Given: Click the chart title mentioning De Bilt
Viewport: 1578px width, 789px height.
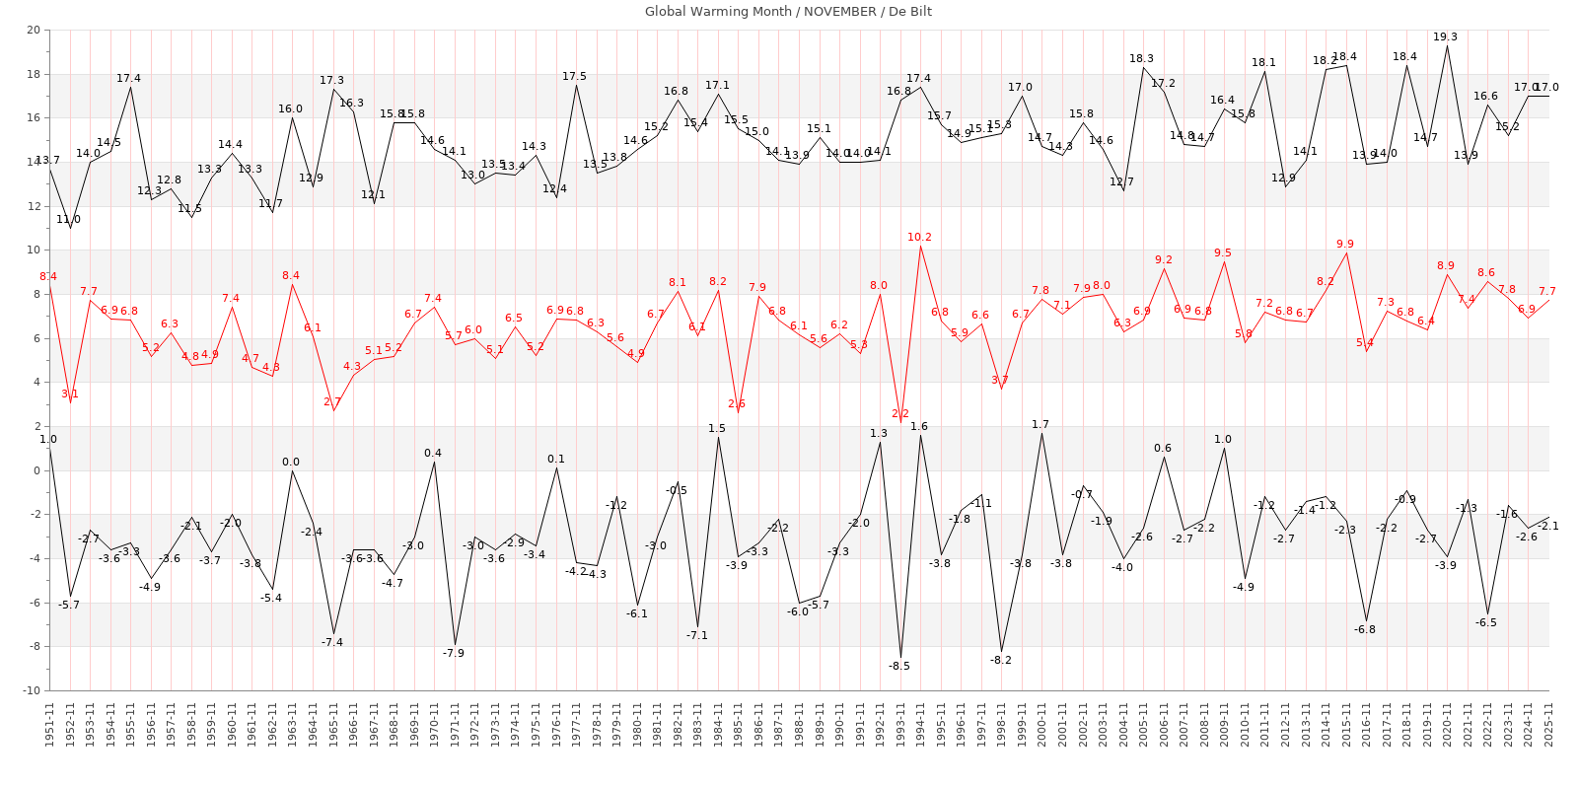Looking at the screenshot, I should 788,12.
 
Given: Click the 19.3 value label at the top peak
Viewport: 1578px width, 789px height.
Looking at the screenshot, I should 1446,37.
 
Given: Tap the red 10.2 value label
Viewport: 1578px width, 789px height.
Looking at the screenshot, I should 919,238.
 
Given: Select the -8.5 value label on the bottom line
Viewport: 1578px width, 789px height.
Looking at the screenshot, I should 898,667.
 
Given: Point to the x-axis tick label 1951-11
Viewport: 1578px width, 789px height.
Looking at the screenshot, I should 49,724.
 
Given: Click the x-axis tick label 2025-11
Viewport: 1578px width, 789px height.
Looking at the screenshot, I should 1548,724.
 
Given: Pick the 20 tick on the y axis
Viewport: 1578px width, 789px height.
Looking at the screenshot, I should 34,31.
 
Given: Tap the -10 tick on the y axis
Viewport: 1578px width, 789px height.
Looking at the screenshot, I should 31,690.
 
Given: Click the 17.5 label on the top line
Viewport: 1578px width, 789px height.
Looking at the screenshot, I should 574,77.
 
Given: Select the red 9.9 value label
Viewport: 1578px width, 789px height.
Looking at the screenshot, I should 1345,245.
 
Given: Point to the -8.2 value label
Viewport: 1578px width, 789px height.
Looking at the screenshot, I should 1000,661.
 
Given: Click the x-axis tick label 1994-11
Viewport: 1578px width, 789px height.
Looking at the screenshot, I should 921,724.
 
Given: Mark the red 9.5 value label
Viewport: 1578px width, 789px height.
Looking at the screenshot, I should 1223,253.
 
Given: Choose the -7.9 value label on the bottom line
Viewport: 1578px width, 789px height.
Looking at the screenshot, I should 453,654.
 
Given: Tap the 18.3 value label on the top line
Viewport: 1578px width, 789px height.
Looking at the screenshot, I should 1142,59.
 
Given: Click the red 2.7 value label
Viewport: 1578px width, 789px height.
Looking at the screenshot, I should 332,402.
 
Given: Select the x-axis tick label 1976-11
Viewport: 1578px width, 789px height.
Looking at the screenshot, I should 556,724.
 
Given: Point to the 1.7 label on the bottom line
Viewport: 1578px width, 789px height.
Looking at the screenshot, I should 1040,425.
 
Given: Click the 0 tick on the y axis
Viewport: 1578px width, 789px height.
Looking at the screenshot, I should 36,470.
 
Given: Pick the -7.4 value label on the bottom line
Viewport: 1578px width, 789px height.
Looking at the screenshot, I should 332,643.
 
